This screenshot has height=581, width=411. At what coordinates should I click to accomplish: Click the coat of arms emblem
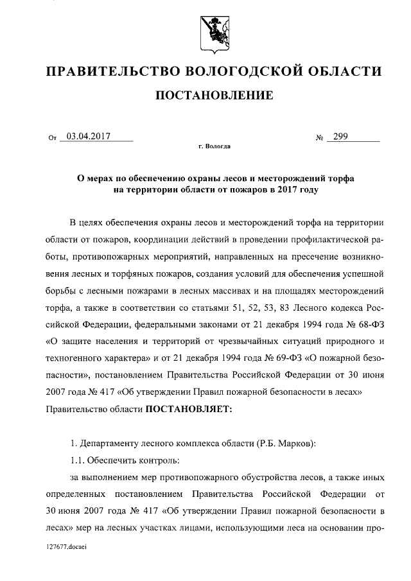click(x=205, y=28)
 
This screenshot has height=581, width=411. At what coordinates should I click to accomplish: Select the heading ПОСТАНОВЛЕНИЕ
click(x=205, y=96)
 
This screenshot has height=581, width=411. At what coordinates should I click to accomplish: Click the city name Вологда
click(x=218, y=146)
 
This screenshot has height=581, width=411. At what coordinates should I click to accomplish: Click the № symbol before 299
click(x=319, y=137)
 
